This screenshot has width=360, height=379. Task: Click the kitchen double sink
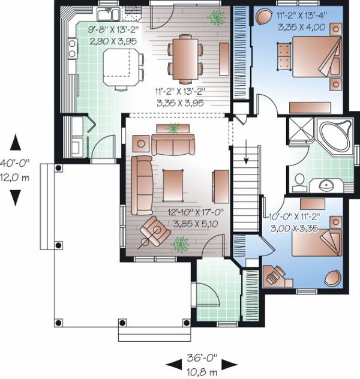coord(109,14)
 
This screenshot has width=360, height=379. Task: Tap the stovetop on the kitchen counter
coord(72,49)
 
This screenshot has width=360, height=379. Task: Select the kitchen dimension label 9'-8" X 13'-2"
coord(113,30)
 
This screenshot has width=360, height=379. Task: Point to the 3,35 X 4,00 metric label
coord(302,27)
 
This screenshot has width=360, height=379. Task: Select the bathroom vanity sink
coord(326,185)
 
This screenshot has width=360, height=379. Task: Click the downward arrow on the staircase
coord(246,152)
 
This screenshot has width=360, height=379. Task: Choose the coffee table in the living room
coord(173,185)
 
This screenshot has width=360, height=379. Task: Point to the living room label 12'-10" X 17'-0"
coord(196,212)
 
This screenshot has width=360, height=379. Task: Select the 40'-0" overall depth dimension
coord(15,163)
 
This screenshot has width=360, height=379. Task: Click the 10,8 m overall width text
coord(202,372)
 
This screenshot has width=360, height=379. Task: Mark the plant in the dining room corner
coord(216,17)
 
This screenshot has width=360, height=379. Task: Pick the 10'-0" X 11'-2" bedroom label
coord(295,216)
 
